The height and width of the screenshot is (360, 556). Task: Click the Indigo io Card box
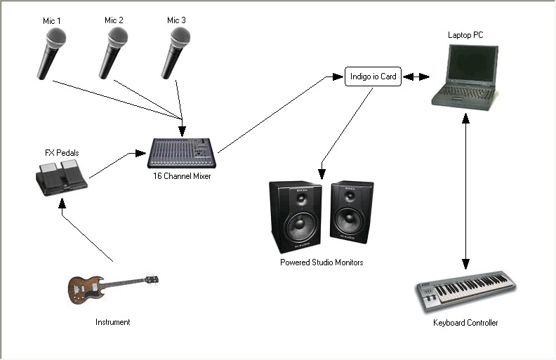tap(373, 76)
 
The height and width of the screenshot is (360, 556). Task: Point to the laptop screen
tap(465, 67)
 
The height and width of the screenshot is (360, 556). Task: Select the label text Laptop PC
tap(465, 34)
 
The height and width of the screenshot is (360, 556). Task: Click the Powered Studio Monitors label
tap(322, 262)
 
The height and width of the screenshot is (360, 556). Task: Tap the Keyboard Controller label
tap(465, 323)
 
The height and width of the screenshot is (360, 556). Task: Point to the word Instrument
tap(113, 322)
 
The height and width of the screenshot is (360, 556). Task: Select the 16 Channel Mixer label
tap(182, 176)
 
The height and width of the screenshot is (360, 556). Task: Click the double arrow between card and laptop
tap(416, 76)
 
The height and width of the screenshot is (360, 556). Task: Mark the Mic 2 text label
tap(114, 20)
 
